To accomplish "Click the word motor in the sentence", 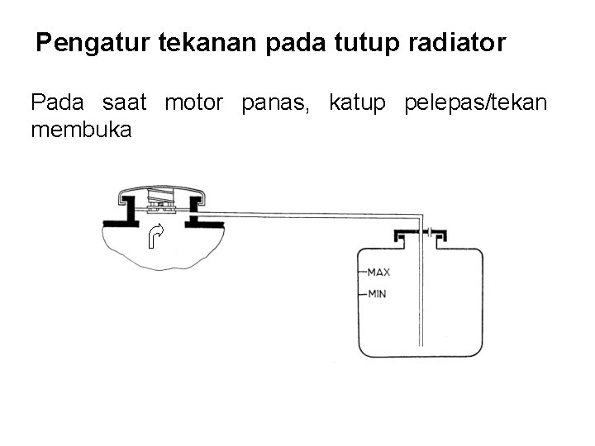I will coord(194,103).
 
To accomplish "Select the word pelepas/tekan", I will coord(475,103).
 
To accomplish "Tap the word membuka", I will coord(81,130).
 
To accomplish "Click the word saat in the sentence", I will coord(124,103).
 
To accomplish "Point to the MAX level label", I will coord(378,271).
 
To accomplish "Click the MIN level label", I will coord(377,293).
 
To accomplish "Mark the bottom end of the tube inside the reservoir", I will coord(421,343).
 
